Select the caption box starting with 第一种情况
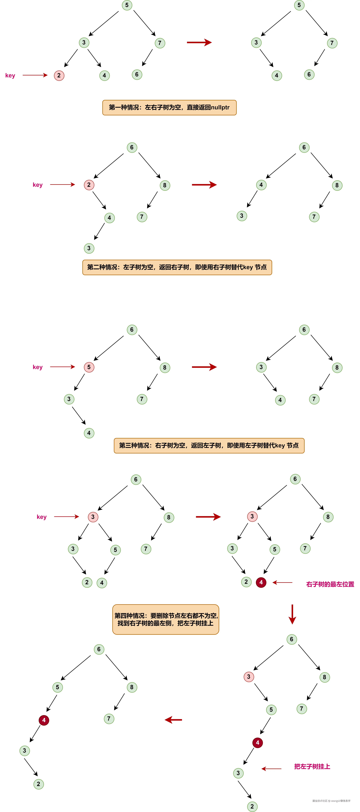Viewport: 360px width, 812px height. point(169,107)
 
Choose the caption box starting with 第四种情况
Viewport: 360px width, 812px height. point(165,619)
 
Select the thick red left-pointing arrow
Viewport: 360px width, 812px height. point(173,720)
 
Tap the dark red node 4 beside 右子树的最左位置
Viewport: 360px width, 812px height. point(261,582)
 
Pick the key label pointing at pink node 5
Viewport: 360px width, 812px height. point(38,367)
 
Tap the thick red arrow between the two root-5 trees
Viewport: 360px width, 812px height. point(199,42)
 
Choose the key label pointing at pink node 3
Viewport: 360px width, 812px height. point(42,517)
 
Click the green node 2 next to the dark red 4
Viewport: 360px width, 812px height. point(246,582)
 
